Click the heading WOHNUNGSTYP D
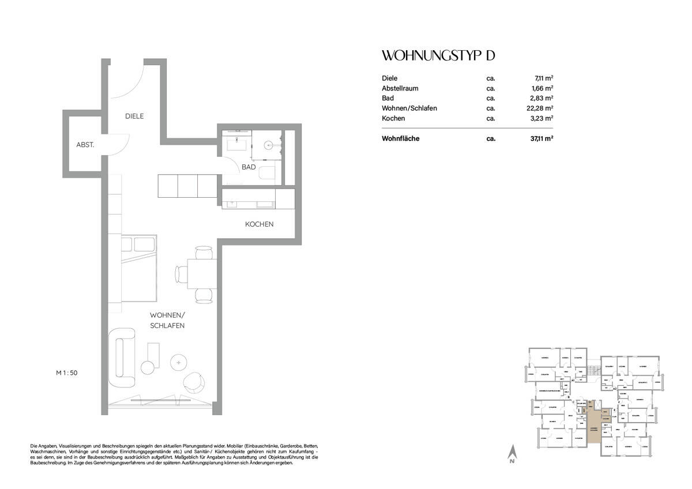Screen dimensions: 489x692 438,56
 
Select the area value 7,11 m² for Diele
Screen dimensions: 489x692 543,78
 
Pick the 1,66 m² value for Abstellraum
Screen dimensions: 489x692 543,88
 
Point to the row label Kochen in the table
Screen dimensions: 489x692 393,118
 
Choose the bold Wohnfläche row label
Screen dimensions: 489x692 400,139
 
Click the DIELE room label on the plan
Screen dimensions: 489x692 134,116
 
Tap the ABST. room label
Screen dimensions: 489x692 86,145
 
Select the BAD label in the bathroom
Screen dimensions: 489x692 249,167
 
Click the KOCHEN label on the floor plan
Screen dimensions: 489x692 259,224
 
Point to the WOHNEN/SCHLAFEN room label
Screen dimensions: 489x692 167,321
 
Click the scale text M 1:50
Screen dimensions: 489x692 66,373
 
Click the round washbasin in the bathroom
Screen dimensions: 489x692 268,145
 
